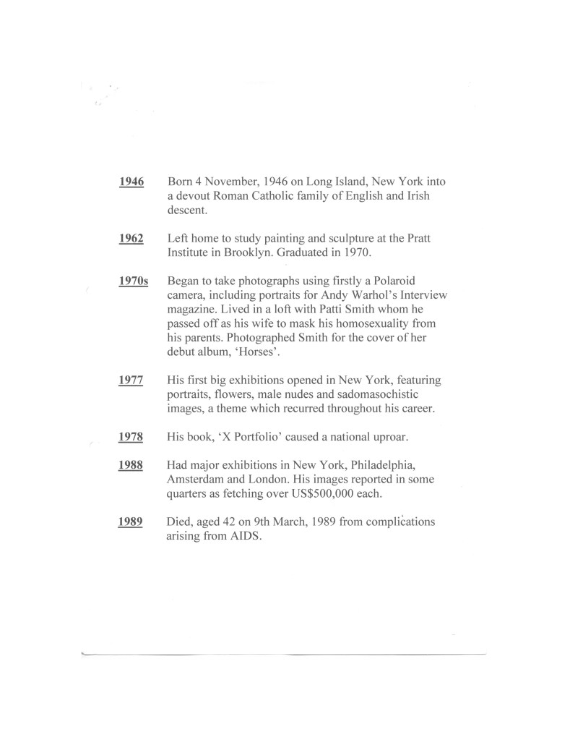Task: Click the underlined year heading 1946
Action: click(x=131, y=182)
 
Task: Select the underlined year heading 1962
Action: click(x=131, y=238)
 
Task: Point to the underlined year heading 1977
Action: click(x=131, y=379)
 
